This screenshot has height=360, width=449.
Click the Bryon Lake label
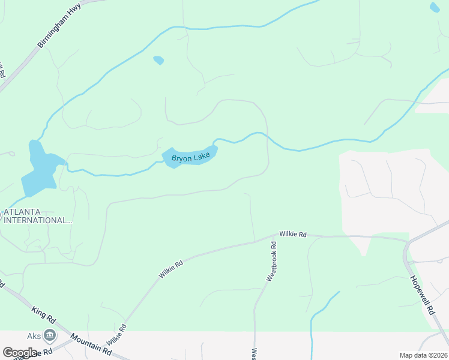(191, 158)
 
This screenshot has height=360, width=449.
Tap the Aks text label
(34, 335)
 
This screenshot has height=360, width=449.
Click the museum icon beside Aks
(50, 335)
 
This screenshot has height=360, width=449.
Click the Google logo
(19, 353)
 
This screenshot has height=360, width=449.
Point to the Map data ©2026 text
(424, 355)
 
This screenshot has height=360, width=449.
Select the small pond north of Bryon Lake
(158, 60)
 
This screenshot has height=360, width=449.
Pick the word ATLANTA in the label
(22, 212)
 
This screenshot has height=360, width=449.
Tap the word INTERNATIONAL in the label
(37, 220)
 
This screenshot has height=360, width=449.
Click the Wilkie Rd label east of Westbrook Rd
(293, 234)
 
